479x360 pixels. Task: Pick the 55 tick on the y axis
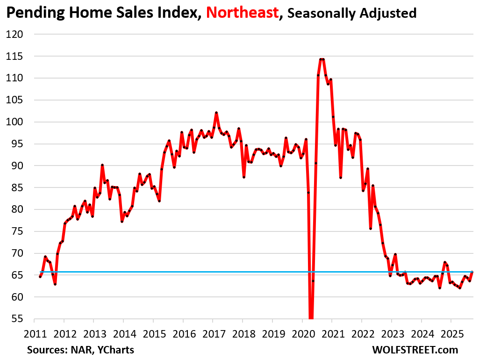(22, 319)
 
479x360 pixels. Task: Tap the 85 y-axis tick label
(22, 187)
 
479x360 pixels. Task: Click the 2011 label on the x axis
(34, 334)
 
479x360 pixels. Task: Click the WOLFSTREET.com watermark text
(415, 350)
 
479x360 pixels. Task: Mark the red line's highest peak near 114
(322, 59)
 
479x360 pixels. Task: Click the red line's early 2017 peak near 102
(216, 113)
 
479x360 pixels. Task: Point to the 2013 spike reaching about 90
(102, 165)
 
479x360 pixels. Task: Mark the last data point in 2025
(472, 272)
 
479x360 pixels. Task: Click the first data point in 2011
(40, 277)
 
